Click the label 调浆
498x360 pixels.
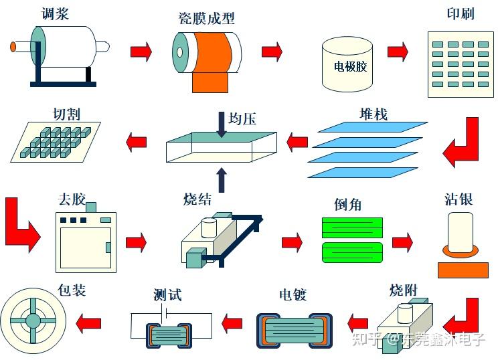[x=56, y=13]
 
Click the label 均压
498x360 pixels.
[x=242, y=118]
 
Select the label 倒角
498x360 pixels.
[x=347, y=204]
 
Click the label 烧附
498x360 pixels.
[x=404, y=291]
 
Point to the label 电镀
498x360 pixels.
[x=293, y=294]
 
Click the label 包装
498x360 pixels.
[x=72, y=290]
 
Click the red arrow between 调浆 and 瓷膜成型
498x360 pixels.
[x=141, y=51]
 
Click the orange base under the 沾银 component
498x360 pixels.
[x=463, y=270]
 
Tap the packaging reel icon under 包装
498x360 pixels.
[x=33, y=321]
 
